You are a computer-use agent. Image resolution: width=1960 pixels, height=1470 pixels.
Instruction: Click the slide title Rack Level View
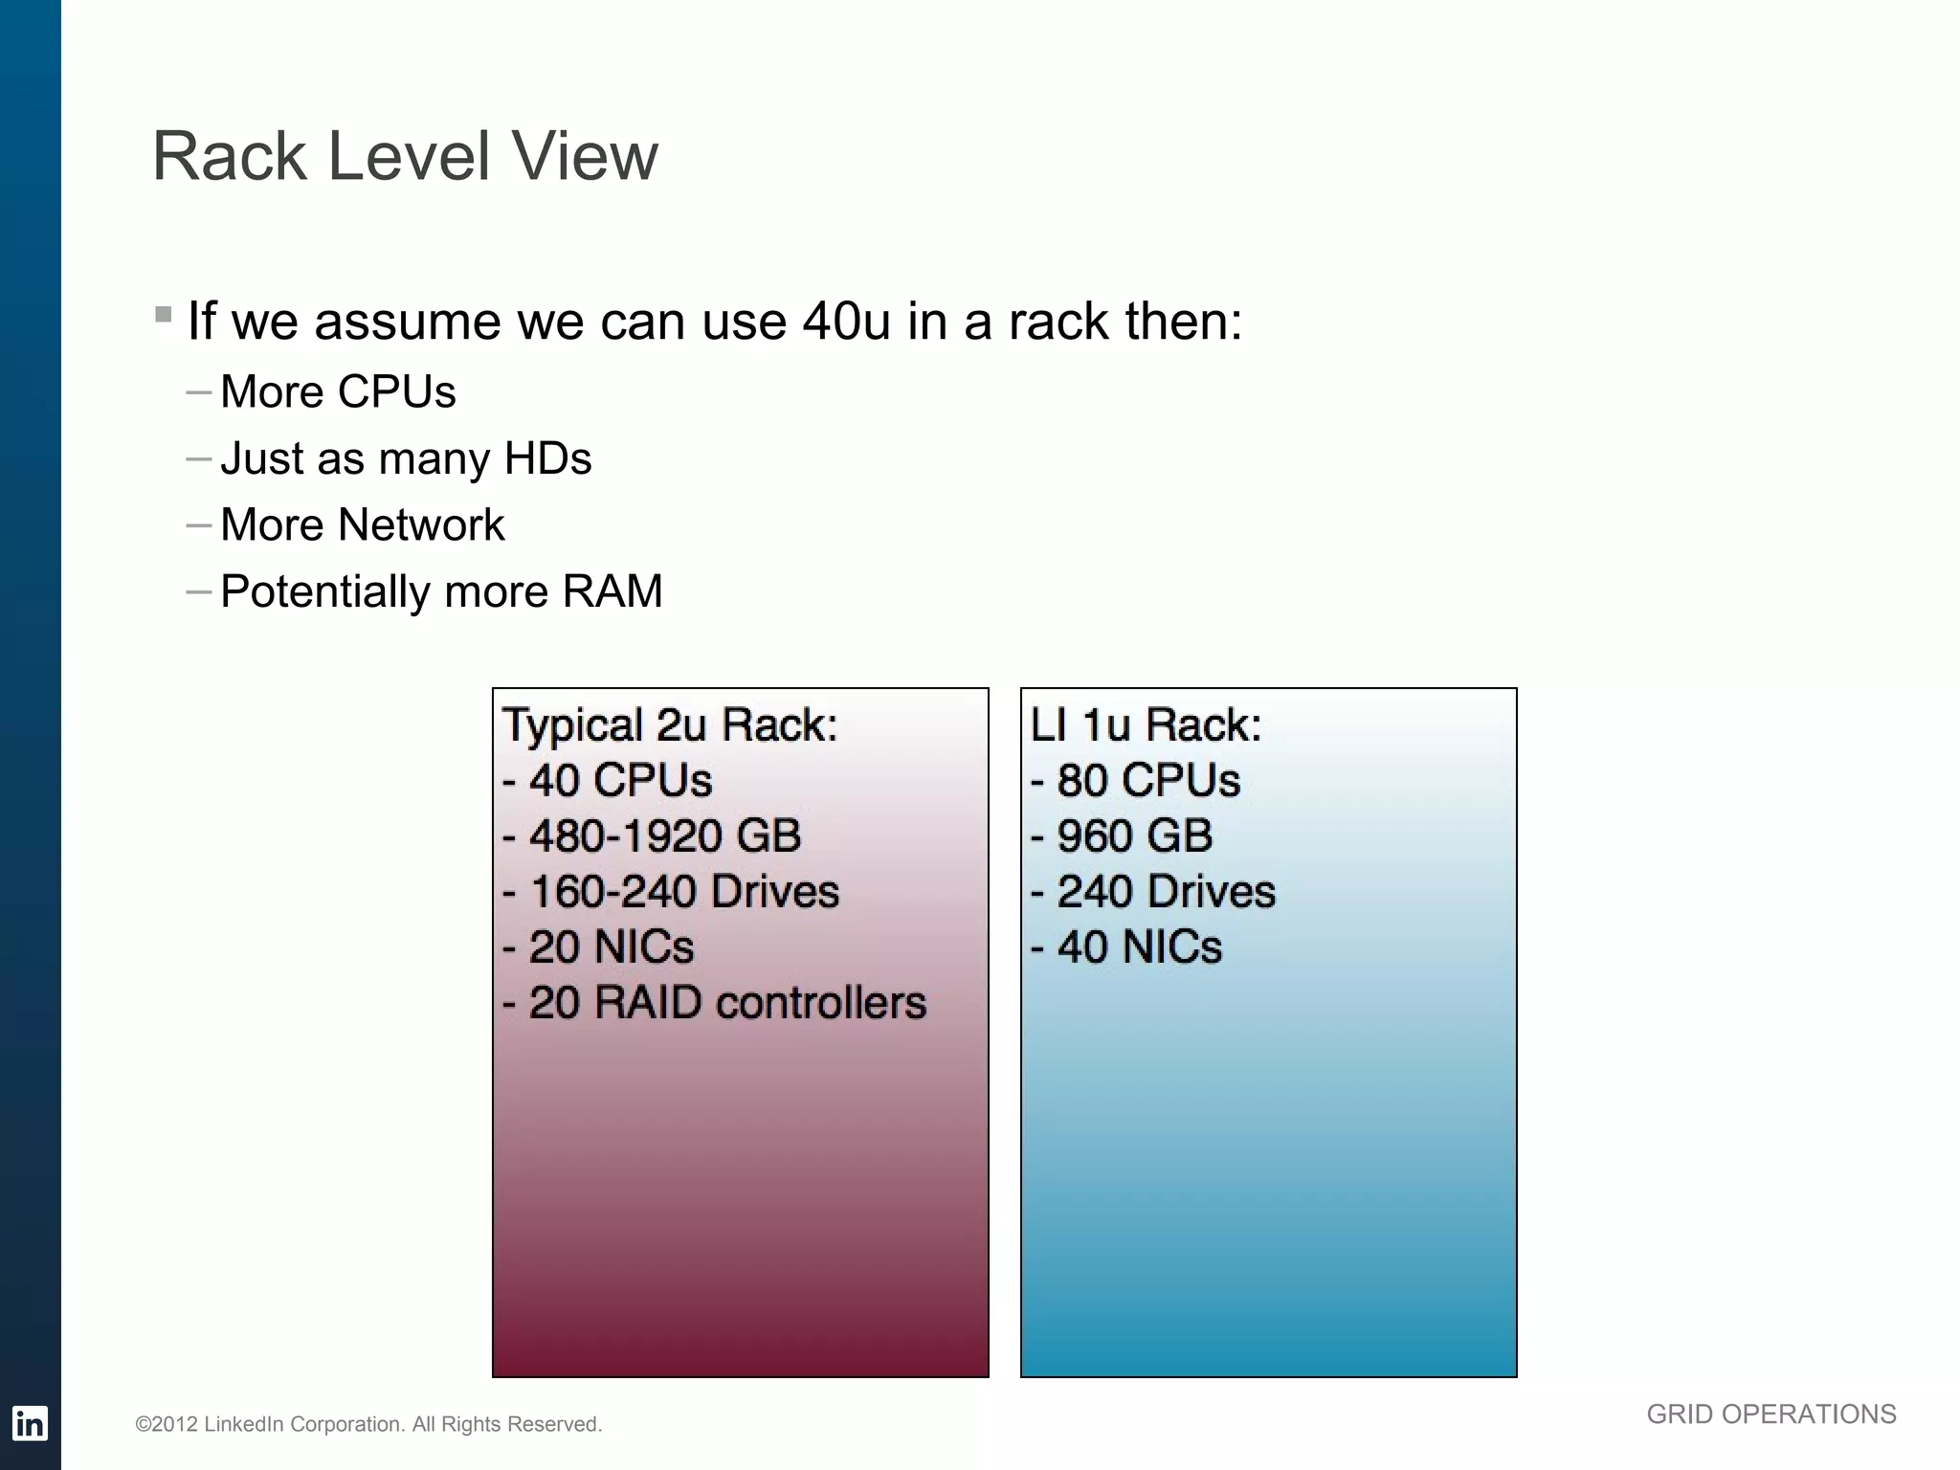pyautogui.click(x=405, y=156)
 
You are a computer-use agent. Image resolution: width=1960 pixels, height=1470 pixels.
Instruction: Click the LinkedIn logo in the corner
pyautogui.click(x=30, y=1423)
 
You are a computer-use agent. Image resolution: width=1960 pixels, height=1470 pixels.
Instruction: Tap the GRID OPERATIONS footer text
pyautogui.click(x=1771, y=1414)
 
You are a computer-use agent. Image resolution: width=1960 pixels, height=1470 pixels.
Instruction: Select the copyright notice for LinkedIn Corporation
pyautogui.click(x=368, y=1424)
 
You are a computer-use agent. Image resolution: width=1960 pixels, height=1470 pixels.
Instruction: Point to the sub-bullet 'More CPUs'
pyautogui.click(x=338, y=391)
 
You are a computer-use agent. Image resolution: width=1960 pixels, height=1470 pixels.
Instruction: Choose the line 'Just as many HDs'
pyautogui.click(x=406, y=458)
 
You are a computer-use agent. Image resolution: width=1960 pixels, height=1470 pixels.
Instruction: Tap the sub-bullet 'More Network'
pyautogui.click(x=362, y=524)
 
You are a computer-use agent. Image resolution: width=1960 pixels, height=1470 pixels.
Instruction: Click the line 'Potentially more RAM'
pyautogui.click(x=441, y=591)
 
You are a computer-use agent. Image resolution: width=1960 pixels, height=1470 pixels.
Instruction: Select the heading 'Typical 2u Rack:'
pyautogui.click(x=669, y=724)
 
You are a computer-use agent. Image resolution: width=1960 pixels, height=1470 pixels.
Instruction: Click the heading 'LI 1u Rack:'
pyautogui.click(x=1146, y=724)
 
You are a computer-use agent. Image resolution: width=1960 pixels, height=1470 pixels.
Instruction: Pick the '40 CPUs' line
pyautogui.click(x=619, y=780)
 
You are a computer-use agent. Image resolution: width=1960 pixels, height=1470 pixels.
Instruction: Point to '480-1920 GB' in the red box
pyautogui.click(x=663, y=835)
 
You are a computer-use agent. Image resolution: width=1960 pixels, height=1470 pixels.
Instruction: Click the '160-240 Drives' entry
pyautogui.click(x=683, y=891)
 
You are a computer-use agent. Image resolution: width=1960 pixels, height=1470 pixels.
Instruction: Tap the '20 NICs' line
pyautogui.click(x=610, y=947)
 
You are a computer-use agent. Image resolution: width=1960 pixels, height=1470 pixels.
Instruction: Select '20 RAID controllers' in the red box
pyautogui.click(x=726, y=1003)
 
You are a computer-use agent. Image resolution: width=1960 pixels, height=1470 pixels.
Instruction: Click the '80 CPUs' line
pyautogui.click(x=1147, y=780)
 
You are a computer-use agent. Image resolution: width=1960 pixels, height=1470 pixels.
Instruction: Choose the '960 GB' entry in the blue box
pyautogui.click(x=1133, y=835)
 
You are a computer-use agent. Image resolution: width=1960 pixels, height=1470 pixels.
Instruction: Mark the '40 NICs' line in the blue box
pyautogui.click(x=1138, y=947)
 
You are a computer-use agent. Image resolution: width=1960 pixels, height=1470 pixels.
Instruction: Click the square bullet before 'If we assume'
pyautogui.click(x=164, y=314)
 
